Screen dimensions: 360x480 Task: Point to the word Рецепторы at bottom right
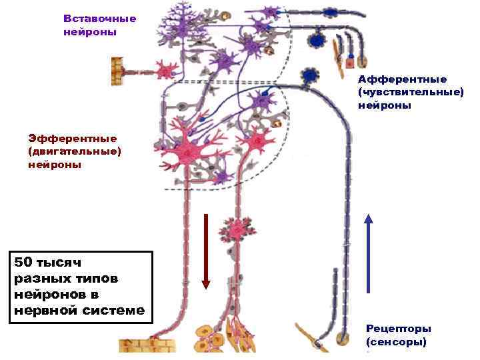click(x=399, y=329)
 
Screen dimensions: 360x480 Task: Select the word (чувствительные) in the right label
click(x=411, y=92)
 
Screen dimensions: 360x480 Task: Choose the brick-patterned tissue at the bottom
click(x=147, y=345)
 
